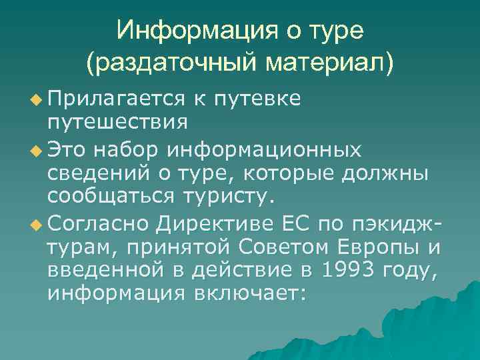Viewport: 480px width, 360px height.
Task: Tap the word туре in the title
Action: pos(331,30)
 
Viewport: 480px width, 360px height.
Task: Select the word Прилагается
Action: pos(116,99)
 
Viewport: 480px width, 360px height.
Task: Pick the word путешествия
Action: pos(117,123)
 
